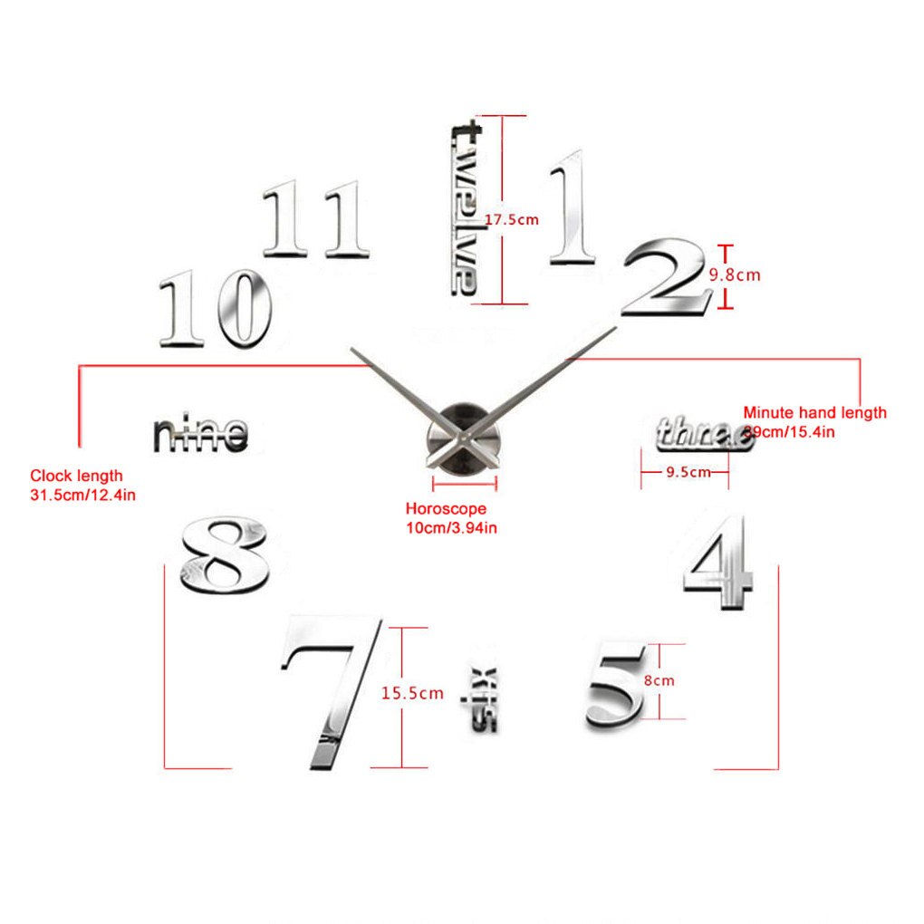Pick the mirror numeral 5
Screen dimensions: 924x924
(617, 686)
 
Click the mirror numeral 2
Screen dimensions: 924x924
(666, 278)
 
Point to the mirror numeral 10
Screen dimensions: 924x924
(216, 309)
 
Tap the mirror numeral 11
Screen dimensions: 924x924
(317, 218)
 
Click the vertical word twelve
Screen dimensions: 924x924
(467, 207)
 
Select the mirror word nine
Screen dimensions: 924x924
(200, 435)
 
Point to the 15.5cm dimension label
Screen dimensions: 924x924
(412, 694)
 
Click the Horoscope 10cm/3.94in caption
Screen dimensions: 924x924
(450, 518)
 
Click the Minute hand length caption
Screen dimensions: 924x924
(813, 421)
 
